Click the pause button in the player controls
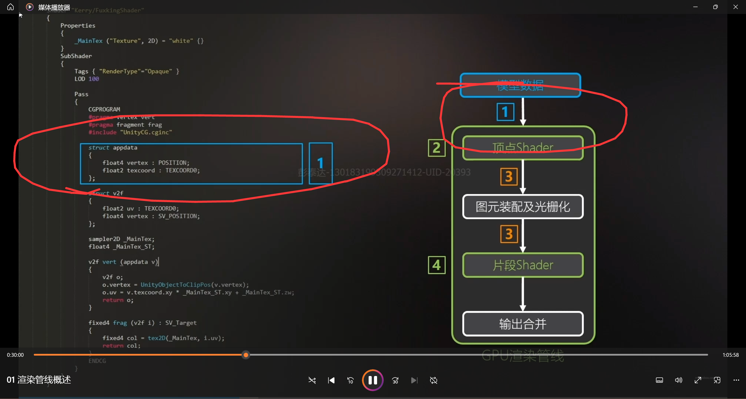click(x=372, y=380)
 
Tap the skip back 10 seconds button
click(x=350, y=380)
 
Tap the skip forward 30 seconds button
click(x=395, y=380)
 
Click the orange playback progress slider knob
click(x=246, y=355)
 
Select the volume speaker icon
click(x=678, y=380)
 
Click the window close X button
click(x=736, y=7)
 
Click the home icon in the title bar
click(x=10, y=7)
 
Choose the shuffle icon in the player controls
click(x=312, y=380)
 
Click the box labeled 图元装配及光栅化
click(x=523, y=207)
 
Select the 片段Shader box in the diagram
click(x=523, y=265)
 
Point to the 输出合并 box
click(x=523, y=324)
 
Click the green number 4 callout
click(x=437, y=265)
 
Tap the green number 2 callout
click(x=437, y=148)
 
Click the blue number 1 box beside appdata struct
click(x=321, y=163)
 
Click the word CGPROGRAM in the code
click(x=104, y=110)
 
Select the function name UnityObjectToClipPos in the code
click(x=175, y=285)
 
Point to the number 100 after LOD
click(x=94, y=79)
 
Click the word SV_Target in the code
click(x=181, y=323)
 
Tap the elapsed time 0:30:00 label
click(x=15, y=355)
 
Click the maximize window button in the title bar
click(x=715, y=7)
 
